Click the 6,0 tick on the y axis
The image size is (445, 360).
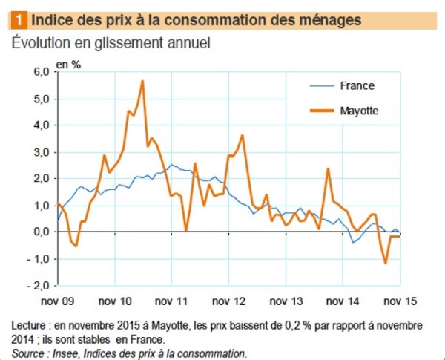[x=40, y=71]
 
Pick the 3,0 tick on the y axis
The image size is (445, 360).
[x=40, y=151]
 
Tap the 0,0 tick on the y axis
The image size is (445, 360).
[x=40, y=232]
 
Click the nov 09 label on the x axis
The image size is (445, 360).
[x=58, y=302]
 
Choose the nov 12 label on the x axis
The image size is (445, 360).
[x=229, y=302]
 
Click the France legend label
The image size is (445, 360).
[x=357, y=85]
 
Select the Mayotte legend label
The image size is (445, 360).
[x=360, y=111]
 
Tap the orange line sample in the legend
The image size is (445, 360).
[x=320, y=111]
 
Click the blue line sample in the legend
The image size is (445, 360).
[x=320, y=85]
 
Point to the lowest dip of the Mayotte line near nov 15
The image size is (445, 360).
[x=386, y=263]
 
